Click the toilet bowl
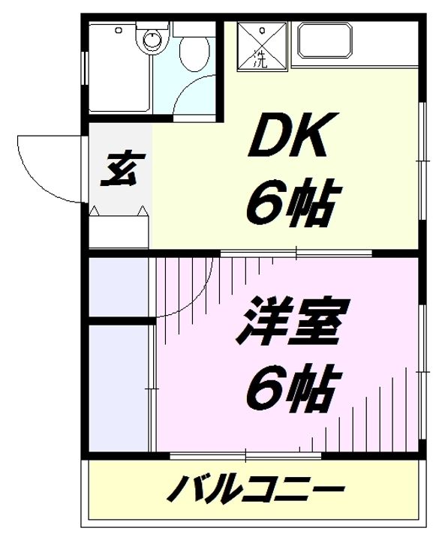coord(195,53)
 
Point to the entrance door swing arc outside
coord(45,166)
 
